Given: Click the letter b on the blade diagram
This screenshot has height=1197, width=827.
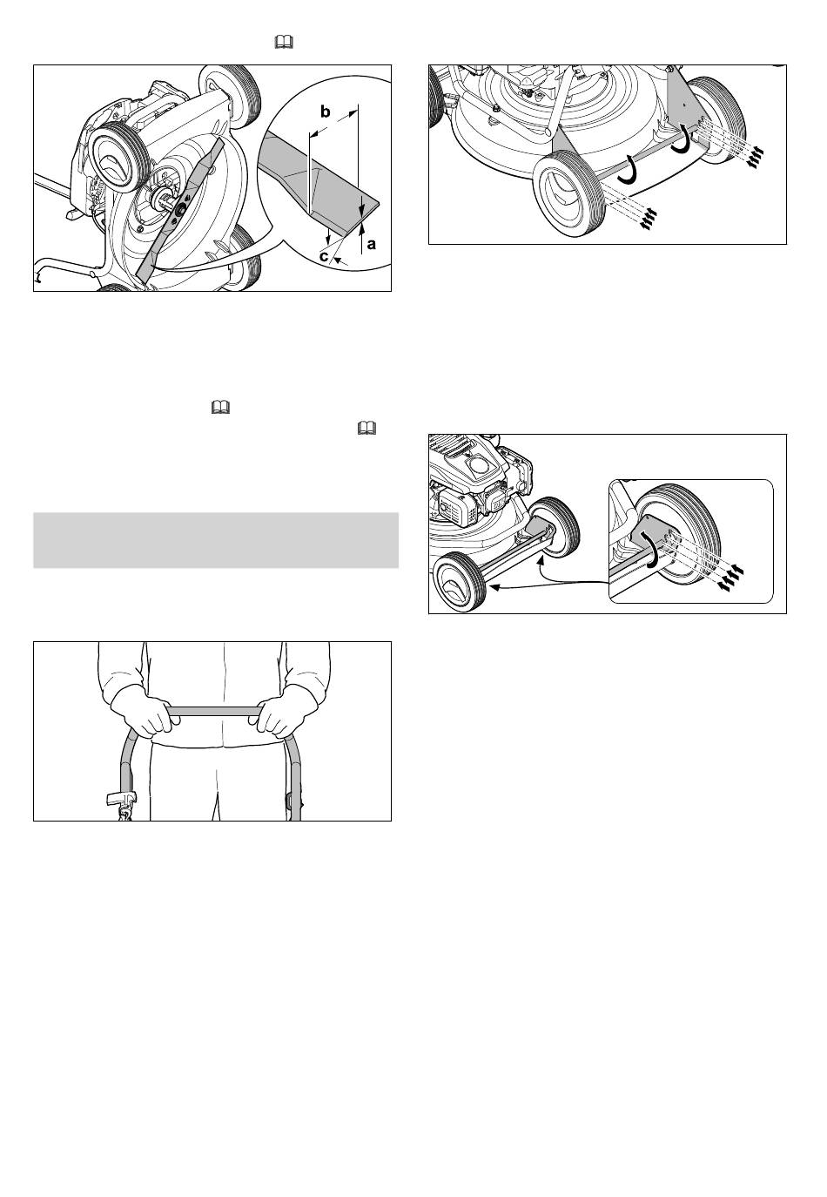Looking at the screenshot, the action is (325, 112).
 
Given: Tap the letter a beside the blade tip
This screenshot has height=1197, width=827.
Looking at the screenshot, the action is (372, 244).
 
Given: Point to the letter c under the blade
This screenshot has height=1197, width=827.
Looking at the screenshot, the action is (324, 256).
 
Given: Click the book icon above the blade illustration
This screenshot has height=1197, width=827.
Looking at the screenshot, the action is (284, 42).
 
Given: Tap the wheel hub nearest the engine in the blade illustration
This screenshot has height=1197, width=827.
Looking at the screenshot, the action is (113, 157).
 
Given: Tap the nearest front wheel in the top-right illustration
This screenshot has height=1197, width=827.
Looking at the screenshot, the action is (569, 193).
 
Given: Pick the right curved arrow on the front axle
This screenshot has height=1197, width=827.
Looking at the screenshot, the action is (682, 139).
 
